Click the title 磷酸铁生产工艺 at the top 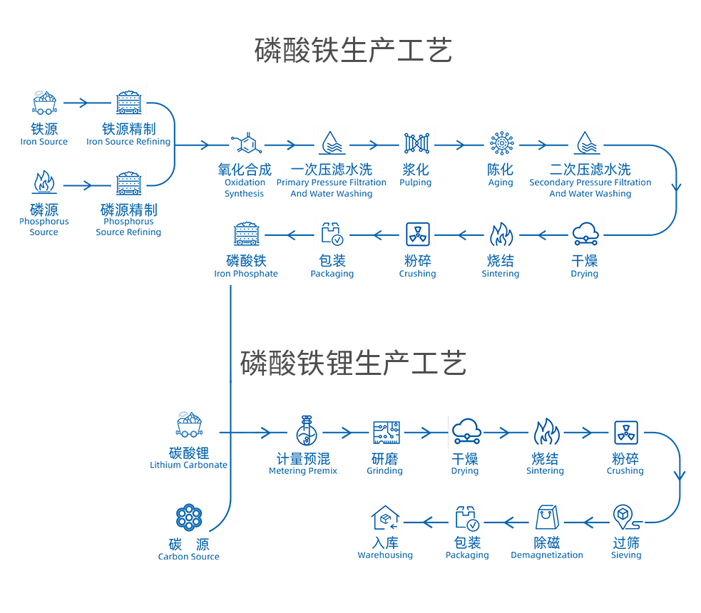click(x=353, y=51)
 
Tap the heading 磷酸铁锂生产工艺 click(x=353, y=363)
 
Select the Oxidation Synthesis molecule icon click(x=245, y=144)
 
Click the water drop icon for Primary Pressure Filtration click(x=332, y=144)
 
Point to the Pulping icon click(x=416, y=144)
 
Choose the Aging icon click(x=501, y=144)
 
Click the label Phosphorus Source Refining click(x=128, y=220)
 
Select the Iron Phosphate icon click(x=246, y=235)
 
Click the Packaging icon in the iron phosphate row click(x=332, y=235)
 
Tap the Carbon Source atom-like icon click(x=189, y=517)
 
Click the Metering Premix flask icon click(x=303, y=431)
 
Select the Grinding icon click(x=385, y=431)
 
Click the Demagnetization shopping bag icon click(x=547, y=517)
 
